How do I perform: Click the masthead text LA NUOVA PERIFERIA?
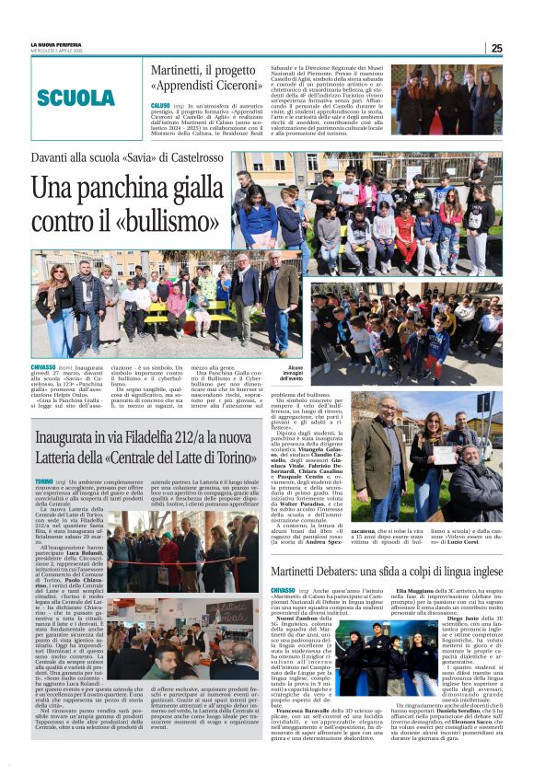coord(54,43)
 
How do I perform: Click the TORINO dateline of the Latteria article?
coord(44,480)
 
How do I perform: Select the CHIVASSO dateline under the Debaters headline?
coord(286,589)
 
